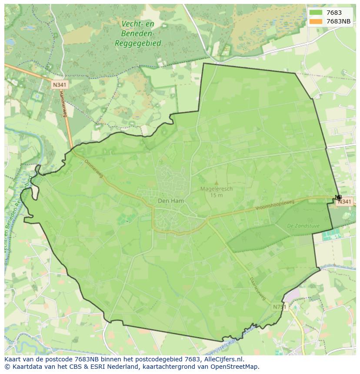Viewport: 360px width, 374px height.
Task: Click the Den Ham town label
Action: (x=170, y=201)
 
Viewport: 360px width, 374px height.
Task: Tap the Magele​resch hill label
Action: (x=217, y=189)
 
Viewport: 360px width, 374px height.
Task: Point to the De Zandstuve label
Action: (x=303, y=226)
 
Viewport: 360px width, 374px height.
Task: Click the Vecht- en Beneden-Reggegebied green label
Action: (x=138, y=33)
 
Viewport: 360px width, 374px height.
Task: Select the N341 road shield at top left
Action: (x=59, y=85)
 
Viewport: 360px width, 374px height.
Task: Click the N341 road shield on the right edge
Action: (x=344, y=202)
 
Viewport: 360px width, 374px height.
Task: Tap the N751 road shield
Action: (x=280, y=307)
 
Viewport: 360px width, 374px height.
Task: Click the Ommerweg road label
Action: (x=94, y=168)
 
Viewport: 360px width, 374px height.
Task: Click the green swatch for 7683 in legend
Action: (x=316, y=13)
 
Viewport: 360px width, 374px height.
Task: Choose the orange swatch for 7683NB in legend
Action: (x=316, y=21)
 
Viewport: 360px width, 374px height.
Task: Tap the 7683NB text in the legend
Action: (x=339, y=21)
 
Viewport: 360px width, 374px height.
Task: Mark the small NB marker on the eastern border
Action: (x=338, y=198)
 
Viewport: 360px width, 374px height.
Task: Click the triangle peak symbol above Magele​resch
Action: (x=217, y=183)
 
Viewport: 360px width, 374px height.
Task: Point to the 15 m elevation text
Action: (x=217, y=195)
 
